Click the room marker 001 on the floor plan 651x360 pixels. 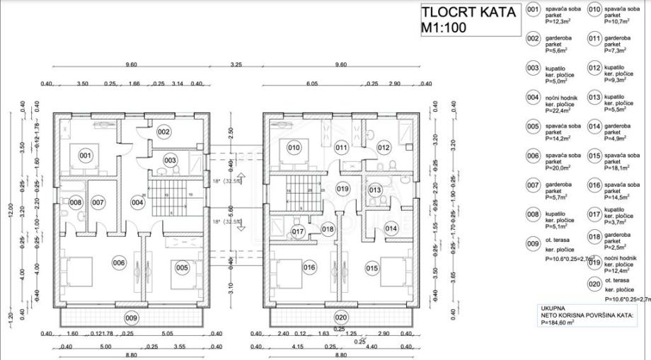click(x=86, y=156)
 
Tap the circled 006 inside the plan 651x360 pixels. click(x=118, y=263)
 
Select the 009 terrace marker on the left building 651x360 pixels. click(x=130, y=318)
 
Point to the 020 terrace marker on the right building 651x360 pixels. click(x=341, y=318)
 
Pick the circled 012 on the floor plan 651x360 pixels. click(x=384, y=148)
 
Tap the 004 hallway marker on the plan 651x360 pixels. click(x=137, y=203)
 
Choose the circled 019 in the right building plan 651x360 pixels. click(x=343, y=189)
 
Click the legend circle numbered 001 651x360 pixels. click(x=533, y=10)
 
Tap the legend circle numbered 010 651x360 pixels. click(x=594, y=10)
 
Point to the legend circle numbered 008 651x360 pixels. click(x=533, y=214)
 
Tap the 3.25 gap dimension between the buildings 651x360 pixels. click(x=236, y=65)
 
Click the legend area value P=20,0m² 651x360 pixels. click(x=558, y=168)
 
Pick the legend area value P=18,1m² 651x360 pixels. click(x=618, y=168)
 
